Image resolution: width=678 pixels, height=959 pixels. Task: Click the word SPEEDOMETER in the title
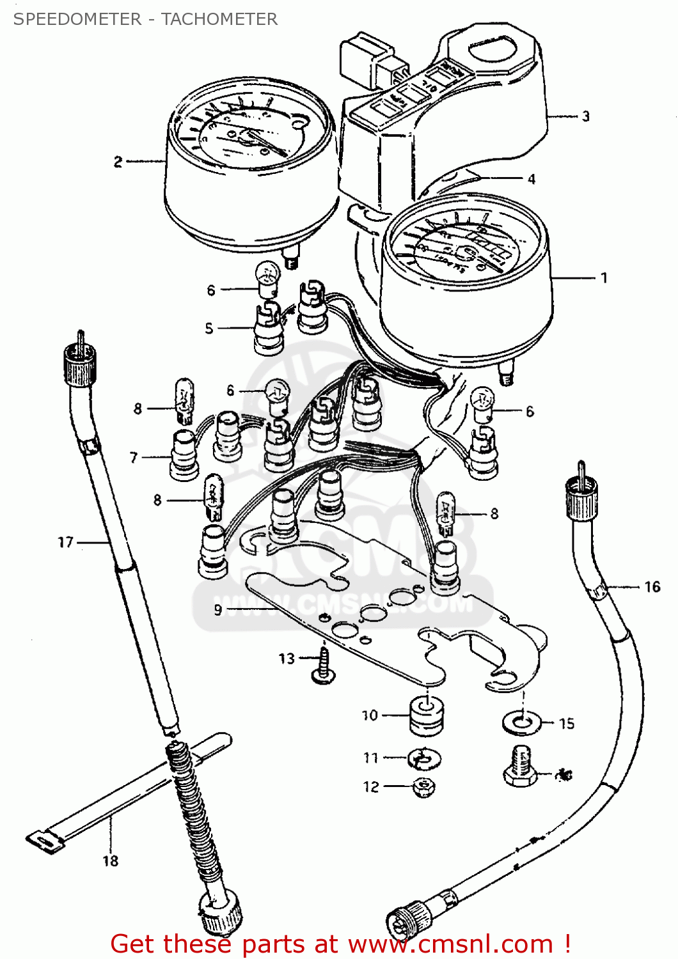(x=77, y=19)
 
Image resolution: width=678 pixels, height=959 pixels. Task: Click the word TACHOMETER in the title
(x=219, y=19)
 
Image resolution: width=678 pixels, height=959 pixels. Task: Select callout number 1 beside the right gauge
(x=603, y=278)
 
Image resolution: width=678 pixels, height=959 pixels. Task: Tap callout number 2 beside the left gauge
(x=118, y=162)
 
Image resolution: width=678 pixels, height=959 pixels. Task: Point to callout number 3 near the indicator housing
(x=585, y=116)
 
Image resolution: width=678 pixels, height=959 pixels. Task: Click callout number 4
(x=531, y=179)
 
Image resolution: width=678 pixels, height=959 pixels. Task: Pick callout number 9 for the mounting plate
(x=218, y=610)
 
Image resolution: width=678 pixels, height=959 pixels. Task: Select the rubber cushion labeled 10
(x=426, y=716)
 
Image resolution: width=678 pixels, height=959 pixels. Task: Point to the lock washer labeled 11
(x=424, y=759)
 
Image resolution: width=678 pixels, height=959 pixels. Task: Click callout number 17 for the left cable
(x=66, y=542)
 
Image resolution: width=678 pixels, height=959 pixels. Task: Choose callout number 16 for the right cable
(x=652, y=586)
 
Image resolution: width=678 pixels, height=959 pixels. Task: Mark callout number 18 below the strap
(x=111, y=861)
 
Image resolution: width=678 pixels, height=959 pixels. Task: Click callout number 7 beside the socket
(x=134, y=457)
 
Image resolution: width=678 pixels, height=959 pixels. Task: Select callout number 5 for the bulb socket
(x=209, y=328)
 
